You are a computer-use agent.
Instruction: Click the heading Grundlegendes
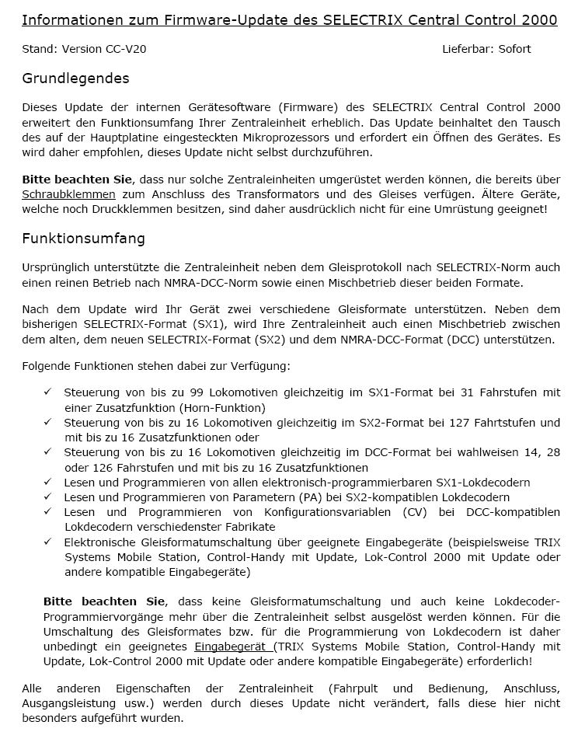(75, 78)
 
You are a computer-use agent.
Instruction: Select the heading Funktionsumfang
(83, 239)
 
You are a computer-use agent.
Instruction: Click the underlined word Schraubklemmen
(68, 194)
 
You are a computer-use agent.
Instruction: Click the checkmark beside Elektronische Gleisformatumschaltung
(48, 541)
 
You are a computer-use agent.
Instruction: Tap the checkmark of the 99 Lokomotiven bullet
(48, 393)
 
